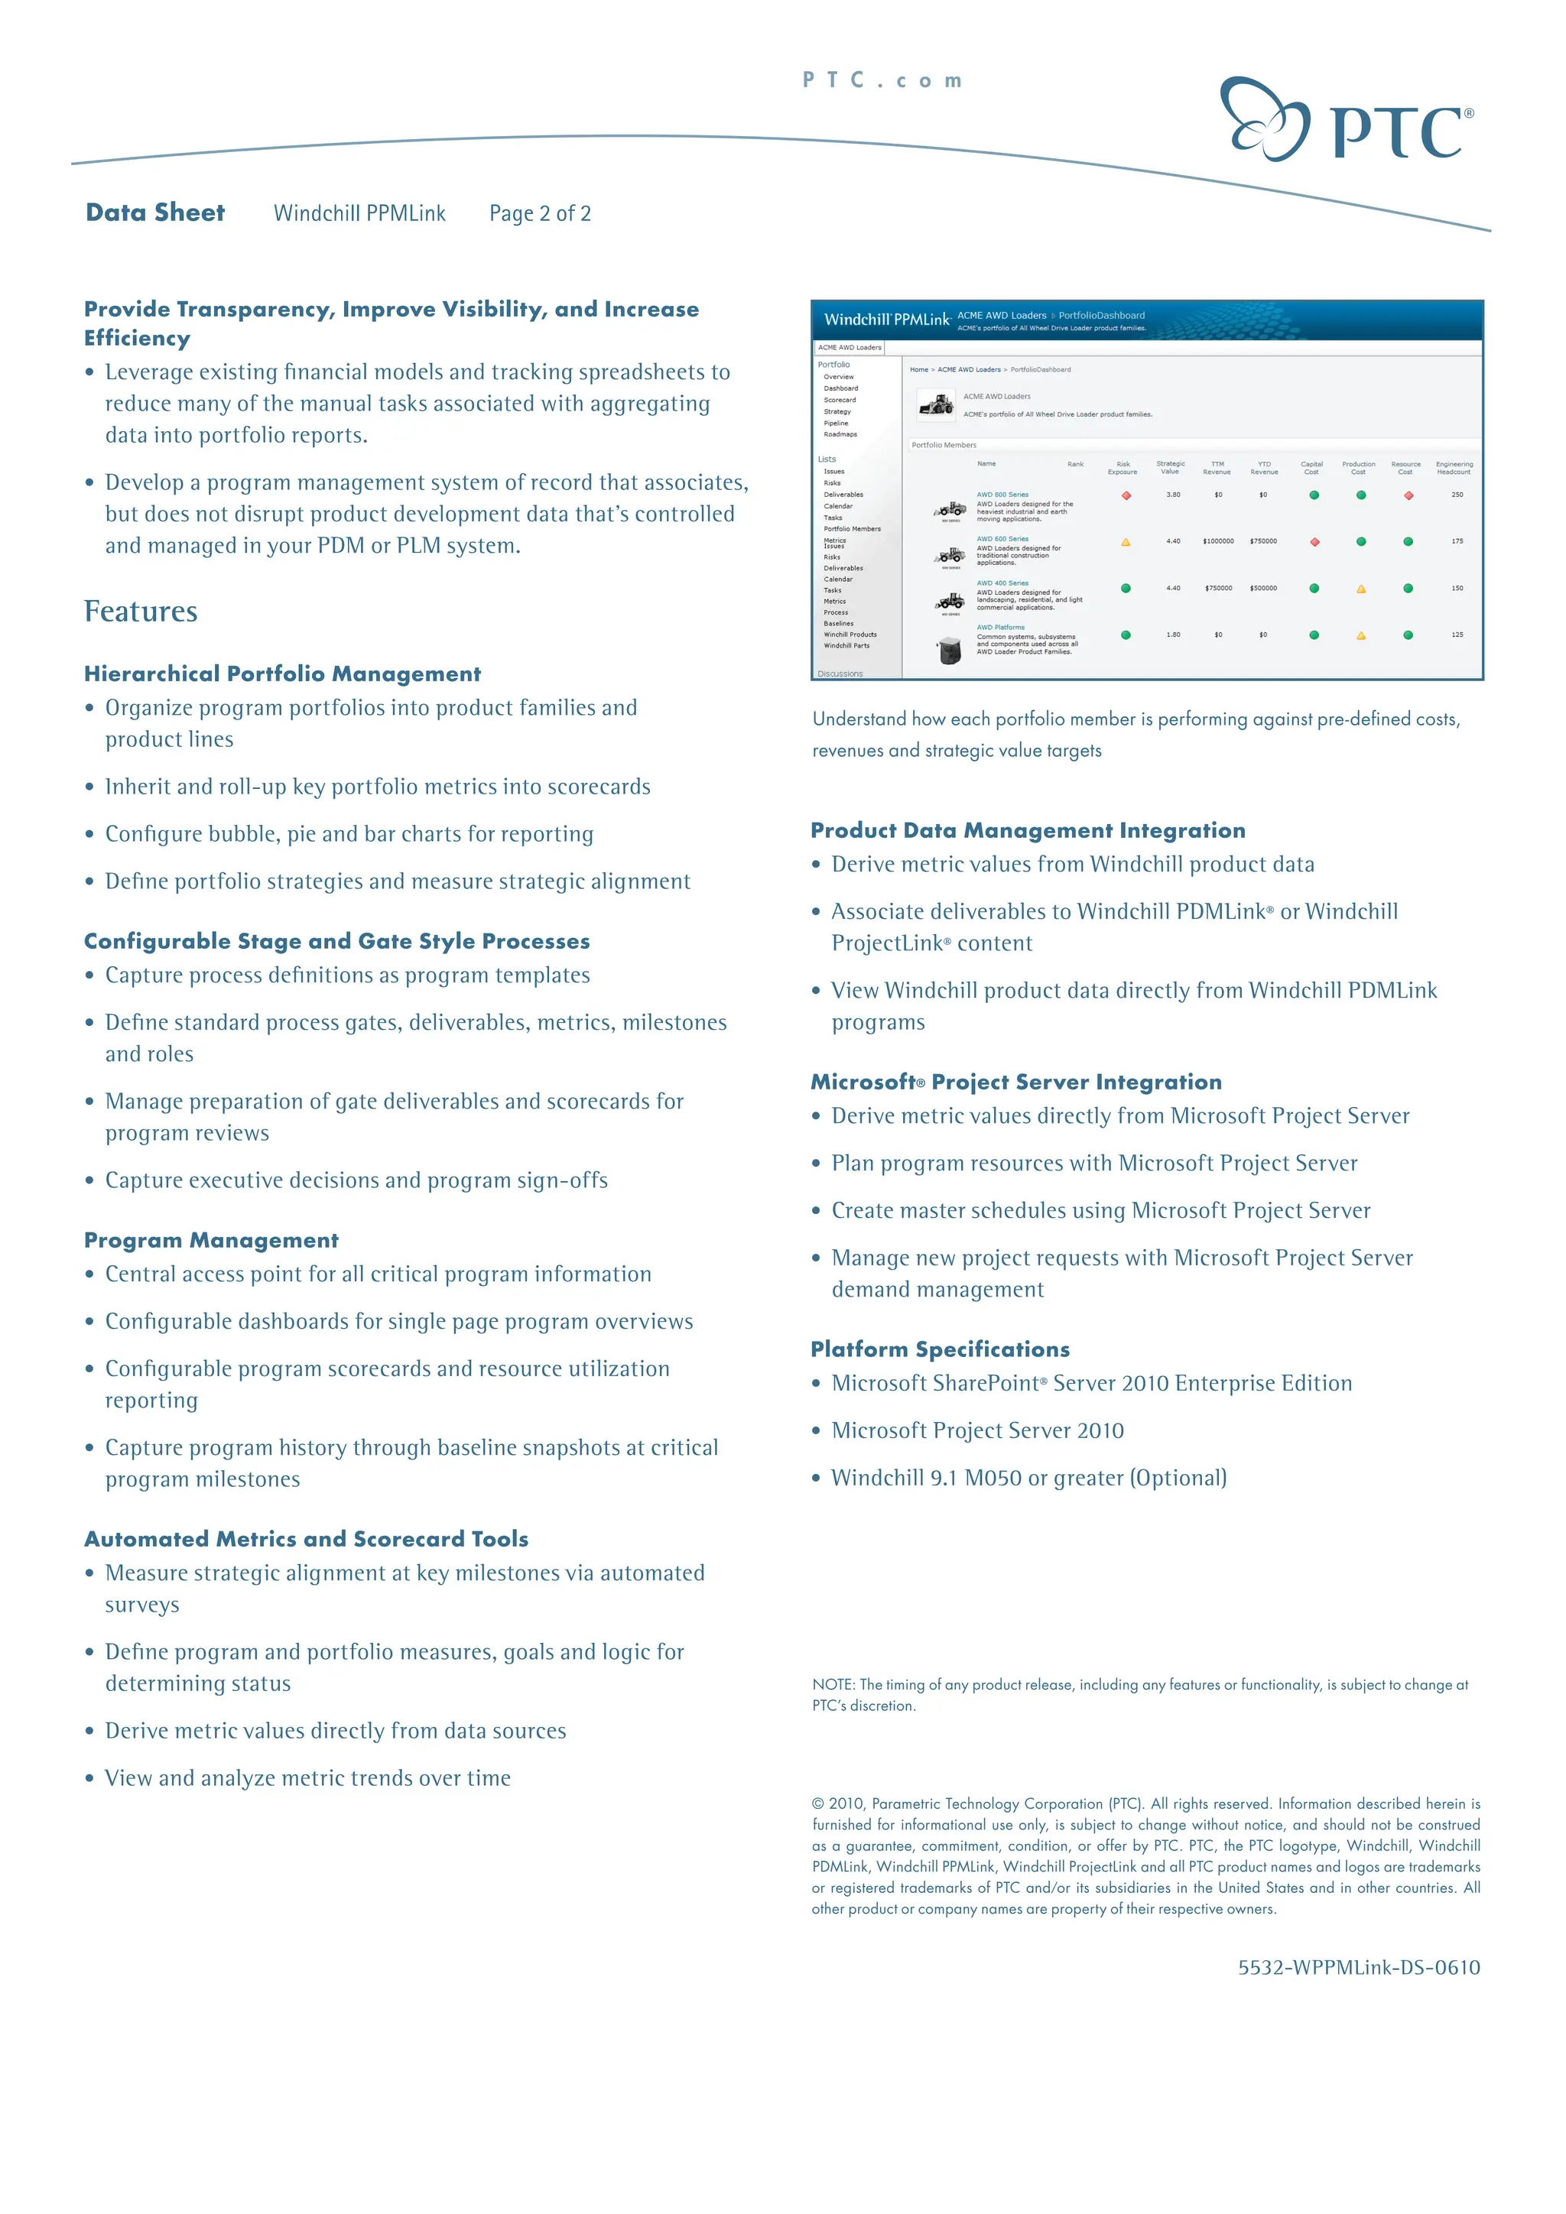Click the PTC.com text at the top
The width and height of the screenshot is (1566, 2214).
tap(882, 81)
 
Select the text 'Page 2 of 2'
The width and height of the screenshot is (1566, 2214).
tap(540, 213)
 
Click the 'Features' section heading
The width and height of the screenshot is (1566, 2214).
tap(141, 612)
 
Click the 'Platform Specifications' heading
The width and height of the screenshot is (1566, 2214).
tap(941, 1349)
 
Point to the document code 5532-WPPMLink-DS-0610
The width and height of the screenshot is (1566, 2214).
tap(1359, 1967)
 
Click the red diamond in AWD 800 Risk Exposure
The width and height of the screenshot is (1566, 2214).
tap(1126, 495)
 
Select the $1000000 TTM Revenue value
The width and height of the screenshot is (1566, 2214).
tap(1218, 541)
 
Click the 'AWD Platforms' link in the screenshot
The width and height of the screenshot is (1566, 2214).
tap(1001, 627)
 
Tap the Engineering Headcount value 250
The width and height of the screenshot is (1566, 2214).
tap(1457, 495)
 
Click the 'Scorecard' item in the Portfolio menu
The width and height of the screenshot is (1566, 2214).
tap(840, 399)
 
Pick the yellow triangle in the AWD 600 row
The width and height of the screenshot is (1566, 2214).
tap(1126, 542)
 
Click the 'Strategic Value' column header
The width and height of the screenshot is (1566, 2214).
tap(1171, 468)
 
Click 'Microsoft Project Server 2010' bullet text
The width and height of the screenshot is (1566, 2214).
tap(978, 1430)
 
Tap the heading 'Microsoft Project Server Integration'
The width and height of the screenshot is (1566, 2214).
tap(1016, 1082)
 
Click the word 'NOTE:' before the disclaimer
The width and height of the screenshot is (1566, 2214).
tap(833, 1685)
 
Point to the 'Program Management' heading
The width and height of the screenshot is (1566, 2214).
tap(211, 1240)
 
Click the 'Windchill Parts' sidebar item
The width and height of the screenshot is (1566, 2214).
tap(846, 645)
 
